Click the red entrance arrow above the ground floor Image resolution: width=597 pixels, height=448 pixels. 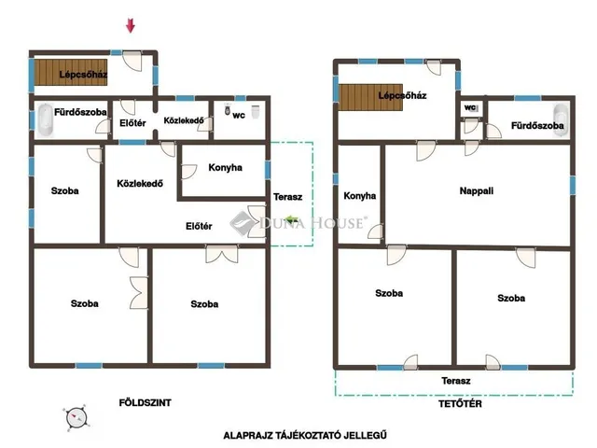click(131, 25)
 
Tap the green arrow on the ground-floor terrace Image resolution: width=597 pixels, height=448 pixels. click(292, 219)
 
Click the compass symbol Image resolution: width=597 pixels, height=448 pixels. click(76, 418)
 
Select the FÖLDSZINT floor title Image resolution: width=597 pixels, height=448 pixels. click(146, 402)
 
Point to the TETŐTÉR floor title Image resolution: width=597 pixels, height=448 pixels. click(460, 403)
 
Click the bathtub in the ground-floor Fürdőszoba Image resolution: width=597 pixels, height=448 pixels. click(45, 120)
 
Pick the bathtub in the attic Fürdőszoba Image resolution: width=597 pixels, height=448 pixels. click(561, 120)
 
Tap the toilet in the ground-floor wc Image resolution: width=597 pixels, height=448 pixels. click(228, 108)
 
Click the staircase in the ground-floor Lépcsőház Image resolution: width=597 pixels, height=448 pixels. click(71, 73)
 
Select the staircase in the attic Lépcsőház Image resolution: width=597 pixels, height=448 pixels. click(370, 97)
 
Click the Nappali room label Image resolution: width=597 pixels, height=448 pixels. click(477, 190)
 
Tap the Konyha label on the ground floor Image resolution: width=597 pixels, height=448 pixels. click(225, 168)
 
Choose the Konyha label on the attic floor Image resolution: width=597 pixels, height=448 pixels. click(359, 196)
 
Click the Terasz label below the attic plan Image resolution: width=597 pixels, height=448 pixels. click(456, 381)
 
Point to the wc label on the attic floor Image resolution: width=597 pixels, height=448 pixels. click(469, 107)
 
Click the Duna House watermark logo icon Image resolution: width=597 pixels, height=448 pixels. click(243, 223)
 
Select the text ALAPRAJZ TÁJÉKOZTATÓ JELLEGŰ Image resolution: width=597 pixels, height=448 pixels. click(305, 435)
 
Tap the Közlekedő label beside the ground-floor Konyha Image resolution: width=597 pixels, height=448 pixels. click(140, 183)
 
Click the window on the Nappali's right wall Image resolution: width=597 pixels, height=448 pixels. click(572, 186)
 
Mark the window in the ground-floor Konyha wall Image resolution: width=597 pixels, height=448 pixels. click(268, 170)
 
